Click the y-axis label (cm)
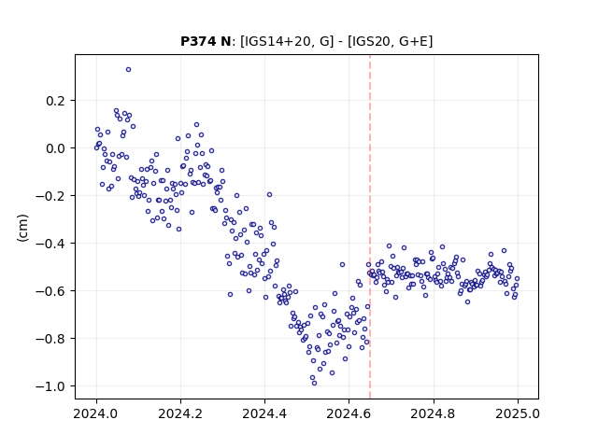point(22,228)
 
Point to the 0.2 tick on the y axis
point(55,101)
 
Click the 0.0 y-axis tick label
point(55,148)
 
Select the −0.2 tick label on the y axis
point(50,196)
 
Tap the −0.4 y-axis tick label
point(50,244)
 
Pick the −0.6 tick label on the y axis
point(50,291)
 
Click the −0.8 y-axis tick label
point(50,339)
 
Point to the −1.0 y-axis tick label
point(50,386)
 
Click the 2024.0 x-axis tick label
point(96,413)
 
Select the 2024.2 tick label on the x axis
point(180,413)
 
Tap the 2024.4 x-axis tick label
point(264,413)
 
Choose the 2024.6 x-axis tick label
point(349,413)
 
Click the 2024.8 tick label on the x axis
point(434,413)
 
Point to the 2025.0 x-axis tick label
point(518,413)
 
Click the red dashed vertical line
point(370,227)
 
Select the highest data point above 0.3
point(129,70)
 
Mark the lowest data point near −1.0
point(314,384)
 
